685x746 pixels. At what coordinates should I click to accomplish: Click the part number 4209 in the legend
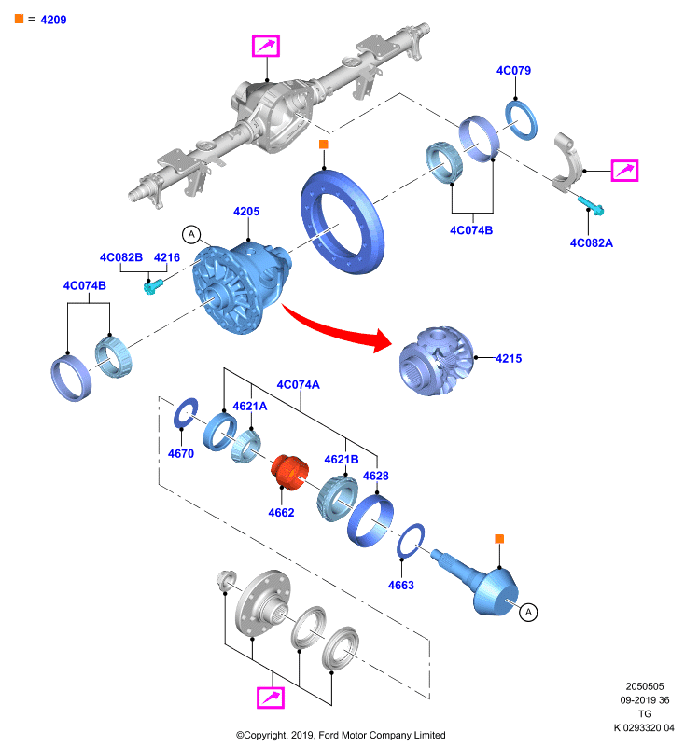point(53,20)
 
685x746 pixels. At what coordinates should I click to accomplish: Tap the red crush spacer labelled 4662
point(289,472)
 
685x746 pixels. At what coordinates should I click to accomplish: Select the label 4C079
point(513,71)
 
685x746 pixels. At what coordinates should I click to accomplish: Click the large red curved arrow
point(337,328)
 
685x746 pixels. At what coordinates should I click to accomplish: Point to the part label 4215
point(509,358)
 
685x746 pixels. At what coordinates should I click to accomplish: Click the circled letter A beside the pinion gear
point(528,612)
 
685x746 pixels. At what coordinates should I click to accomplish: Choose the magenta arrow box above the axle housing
point(266,46)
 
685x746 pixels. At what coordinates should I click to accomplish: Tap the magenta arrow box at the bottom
point(271,698)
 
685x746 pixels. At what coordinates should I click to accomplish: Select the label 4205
point(246,212)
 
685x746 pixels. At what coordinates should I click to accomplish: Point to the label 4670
point(181,453)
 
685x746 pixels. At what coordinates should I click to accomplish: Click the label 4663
point(400,585)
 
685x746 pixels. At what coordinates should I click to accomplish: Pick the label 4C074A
point(299,384)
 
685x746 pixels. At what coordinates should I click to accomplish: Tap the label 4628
point(375,476)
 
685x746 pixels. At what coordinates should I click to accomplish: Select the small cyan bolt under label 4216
point(153,286)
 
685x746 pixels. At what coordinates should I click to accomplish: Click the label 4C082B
point(121,257)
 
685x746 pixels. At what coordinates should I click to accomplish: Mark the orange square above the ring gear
point(324,145)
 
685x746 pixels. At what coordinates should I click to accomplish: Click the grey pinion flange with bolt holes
point(262,603)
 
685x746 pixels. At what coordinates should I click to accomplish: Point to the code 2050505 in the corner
point(645,686)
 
